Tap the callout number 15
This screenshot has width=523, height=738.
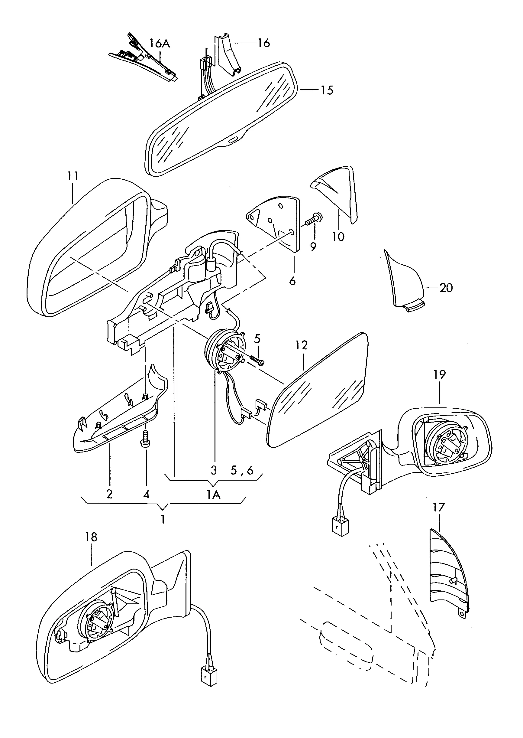click(327, 90)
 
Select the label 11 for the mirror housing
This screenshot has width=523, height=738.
click(73, 176)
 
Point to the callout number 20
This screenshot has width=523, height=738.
click(446, 288)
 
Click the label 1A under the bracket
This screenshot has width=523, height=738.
click(213, 494)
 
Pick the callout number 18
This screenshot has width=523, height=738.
click(91, 537)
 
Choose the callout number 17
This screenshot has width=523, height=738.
click(439, 507)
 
